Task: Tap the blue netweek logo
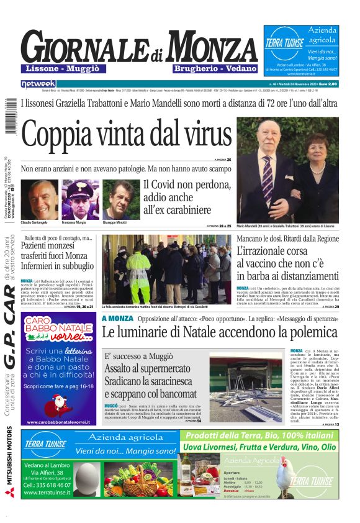click(38, 83)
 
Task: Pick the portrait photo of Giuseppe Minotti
click(121, 199)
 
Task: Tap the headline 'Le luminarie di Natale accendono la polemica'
click(220, 332)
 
